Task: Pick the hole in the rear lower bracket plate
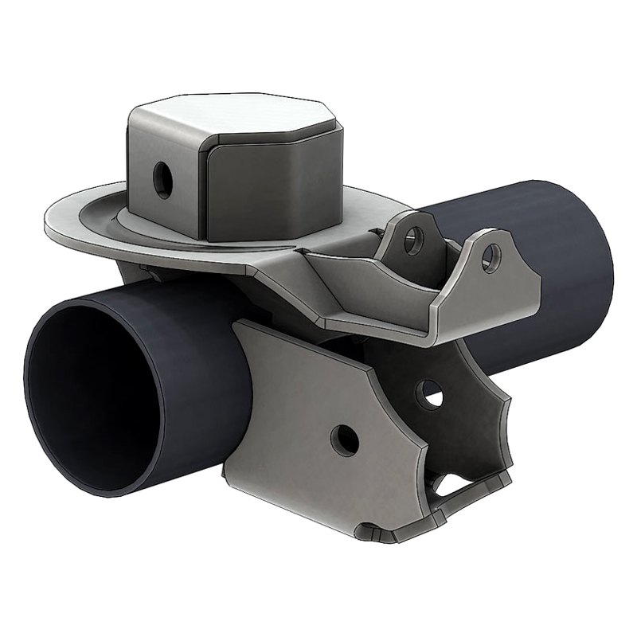click(431, 390)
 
